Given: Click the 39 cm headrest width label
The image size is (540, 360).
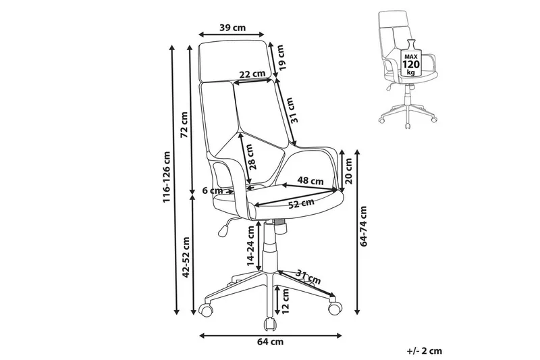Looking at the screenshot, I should tap(232, 28).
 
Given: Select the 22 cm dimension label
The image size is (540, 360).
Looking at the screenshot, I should tap(250, 74).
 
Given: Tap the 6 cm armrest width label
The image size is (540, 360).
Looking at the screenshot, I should tap(215, 190).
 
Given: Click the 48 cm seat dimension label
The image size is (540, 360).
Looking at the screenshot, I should tap(311, 181).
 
